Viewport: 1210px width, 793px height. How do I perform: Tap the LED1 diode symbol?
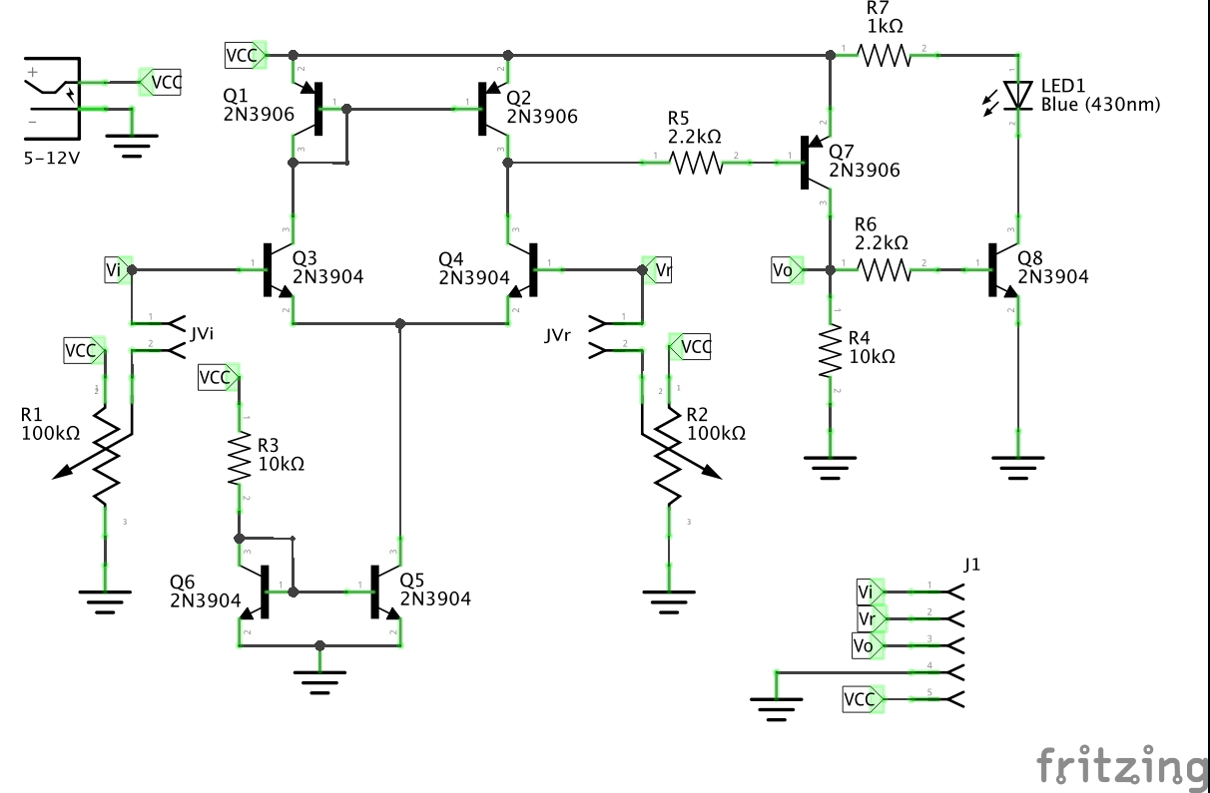[x=1017, y=95]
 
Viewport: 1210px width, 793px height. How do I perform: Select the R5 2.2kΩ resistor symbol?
[x=696, y=163]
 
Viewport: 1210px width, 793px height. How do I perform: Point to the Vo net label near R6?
[x=786, y=269]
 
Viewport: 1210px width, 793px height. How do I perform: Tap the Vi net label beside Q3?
[x=117, y=269]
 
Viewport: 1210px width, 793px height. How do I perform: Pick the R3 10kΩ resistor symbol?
[x=239, y=458]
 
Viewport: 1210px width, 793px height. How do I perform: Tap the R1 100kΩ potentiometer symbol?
[x=104, y=458]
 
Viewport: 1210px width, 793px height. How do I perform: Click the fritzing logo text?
[x=1120, y=766]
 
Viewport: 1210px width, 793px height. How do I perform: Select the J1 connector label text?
[x=971, y=565]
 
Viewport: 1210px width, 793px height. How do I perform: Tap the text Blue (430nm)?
[x=1100, y=104]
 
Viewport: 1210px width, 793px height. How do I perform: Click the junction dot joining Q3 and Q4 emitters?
[x=400, y=323]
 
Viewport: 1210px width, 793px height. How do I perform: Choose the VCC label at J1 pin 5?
[x=862, y=699]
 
